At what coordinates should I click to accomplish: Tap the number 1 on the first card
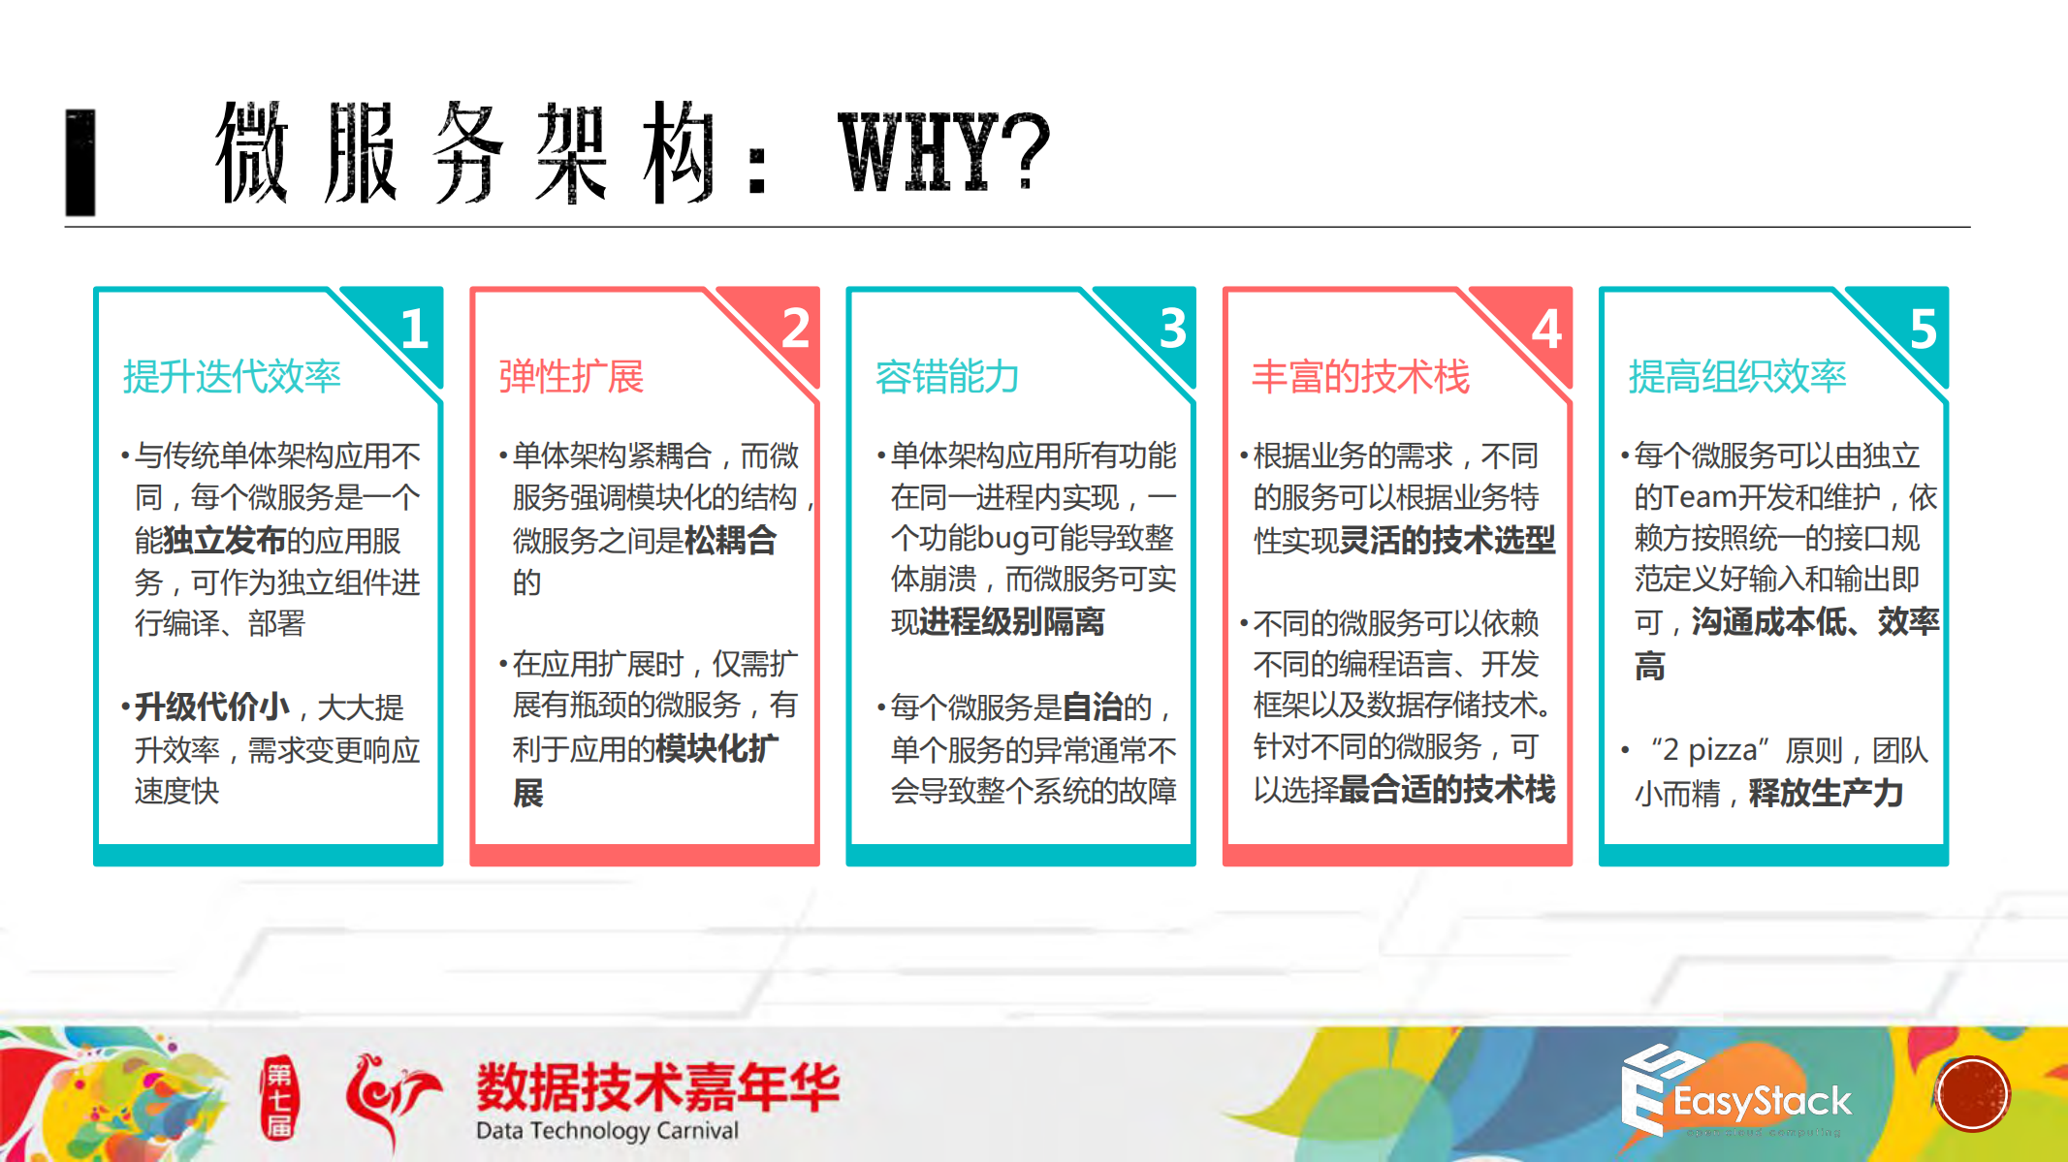tap(415, 329)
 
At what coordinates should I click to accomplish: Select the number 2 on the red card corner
tap(795, 328)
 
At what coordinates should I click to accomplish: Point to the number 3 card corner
tap(1172, 328)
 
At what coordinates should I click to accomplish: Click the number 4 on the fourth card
tap(1546, 330)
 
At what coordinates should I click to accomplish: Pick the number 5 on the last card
tap(1923, 330)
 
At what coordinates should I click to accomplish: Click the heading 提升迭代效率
tap(232, 376)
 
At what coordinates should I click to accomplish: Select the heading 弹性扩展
tap(571, 376)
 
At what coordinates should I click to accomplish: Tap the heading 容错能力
tap(947, 376)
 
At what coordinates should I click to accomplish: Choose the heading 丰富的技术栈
tap(1360, 376)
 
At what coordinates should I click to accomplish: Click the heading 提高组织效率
tap(1736, 376)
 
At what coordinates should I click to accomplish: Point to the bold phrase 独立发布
tap(225, 540)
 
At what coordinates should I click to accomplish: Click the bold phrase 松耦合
tap(730, 540)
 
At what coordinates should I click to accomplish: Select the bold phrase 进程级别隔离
tap(1012, 621)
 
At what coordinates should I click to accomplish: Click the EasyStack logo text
tap(1762, 1101)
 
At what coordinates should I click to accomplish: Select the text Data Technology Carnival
tap(607, 1131)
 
